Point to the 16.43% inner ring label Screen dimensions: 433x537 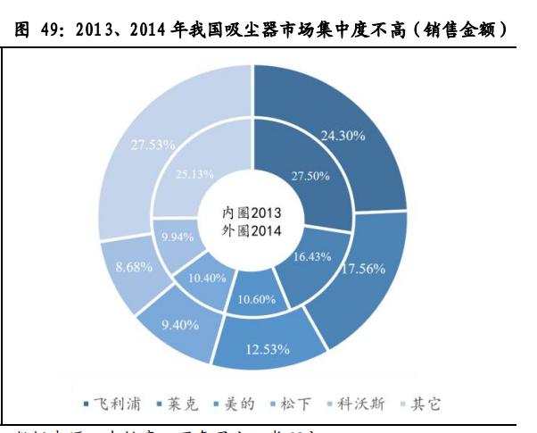(312, 255)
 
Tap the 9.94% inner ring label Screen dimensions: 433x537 (178, 237)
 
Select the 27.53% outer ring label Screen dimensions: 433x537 (152, 143)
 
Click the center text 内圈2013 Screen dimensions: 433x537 (251, 214)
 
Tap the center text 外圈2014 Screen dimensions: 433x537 (251, 231)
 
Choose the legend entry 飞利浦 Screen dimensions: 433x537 (114, 404)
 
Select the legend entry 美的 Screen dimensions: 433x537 (235, 404)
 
